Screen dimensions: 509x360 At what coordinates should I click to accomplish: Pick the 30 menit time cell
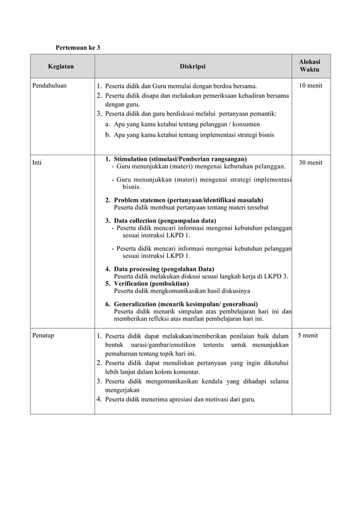[310, 163]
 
